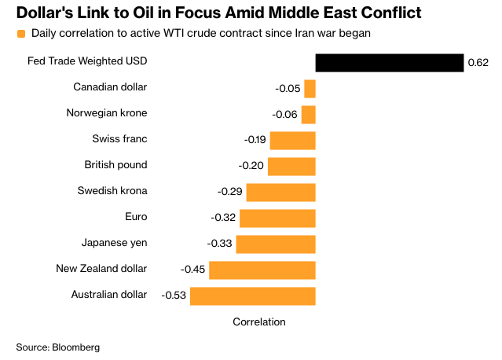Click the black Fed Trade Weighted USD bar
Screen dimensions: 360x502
(390, 63)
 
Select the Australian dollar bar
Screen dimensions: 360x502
(252, 296)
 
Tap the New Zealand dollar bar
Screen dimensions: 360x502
(262, 270)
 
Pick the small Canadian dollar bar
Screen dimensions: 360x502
(310, 88)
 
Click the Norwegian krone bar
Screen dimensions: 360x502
(308, 115)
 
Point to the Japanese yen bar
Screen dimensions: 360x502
(275, 244)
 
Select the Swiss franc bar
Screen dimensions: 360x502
(292, 141)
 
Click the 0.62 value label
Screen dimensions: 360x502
(478, 63)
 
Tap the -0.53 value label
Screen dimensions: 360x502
(173, 296)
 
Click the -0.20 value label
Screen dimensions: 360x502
(251, 167)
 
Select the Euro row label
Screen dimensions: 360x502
(136, 216)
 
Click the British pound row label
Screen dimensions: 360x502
(115, 165)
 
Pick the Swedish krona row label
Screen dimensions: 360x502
(112, 190)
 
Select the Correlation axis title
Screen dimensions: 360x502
(259, 322)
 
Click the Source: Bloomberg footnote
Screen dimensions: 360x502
(58, 347)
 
